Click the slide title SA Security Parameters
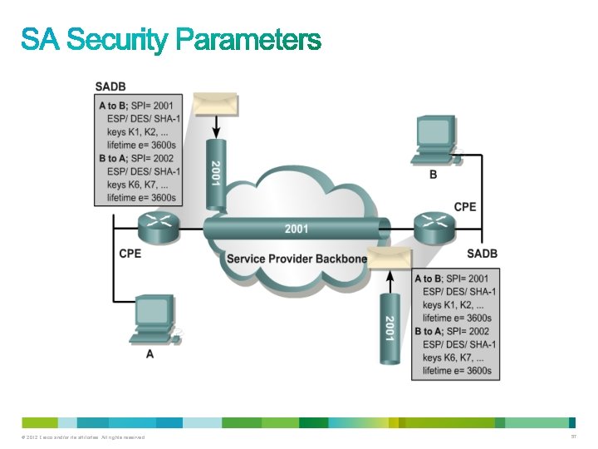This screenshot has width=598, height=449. pos(170,39)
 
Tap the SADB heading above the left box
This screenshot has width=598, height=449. pos(111,86)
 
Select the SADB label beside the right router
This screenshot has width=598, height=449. pos(482,253)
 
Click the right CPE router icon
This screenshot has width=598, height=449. pos(433,226)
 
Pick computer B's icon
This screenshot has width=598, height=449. pos(434,141)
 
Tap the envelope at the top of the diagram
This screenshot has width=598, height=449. pos(215,104)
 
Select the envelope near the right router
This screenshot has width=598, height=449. pos(390,259)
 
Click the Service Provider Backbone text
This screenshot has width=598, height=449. pos(297,259)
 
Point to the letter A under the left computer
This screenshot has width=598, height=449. pos(149,353)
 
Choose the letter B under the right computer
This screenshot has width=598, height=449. pos(433,175)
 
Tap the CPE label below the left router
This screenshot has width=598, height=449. pos(130,253)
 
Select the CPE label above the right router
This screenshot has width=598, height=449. pos(465,206)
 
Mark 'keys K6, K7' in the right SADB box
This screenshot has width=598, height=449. pos(452,358)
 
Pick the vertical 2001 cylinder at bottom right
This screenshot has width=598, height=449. pos(389,328)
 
